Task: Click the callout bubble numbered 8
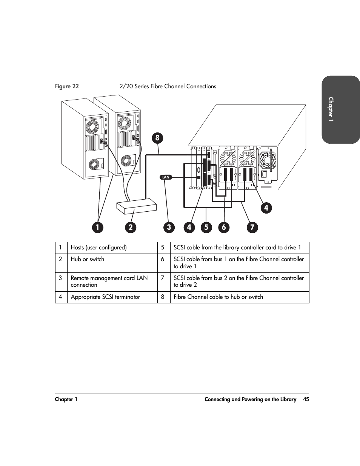coord(157,138)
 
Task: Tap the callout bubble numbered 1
coord(98,227)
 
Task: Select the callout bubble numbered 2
coord(131,227)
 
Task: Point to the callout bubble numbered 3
coord(169,227)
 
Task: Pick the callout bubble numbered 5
coord(206,227)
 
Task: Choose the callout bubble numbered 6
coord(224,227)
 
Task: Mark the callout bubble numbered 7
coord(252,227)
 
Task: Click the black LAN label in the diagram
coord(166,177)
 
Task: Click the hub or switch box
coord(136,206)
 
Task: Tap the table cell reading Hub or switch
coord(112,263)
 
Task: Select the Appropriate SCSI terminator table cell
coord(112,297)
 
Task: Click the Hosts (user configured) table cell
coord(112,248)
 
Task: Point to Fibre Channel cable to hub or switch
coord(218,297)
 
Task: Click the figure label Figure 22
coord(67,86)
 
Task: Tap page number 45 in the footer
coord(306,399)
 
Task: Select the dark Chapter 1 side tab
coord(340,109)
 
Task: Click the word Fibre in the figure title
coord(157,86)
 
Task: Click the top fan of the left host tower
coord(92,126)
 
